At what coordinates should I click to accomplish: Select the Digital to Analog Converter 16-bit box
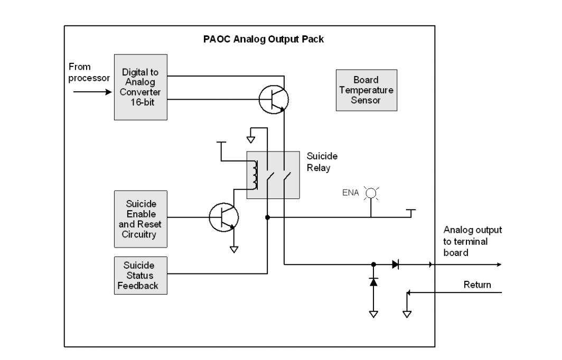(x=140, y=87)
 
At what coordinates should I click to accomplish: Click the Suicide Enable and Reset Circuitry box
(x=140, y=219)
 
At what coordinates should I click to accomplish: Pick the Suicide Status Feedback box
(x=140, y=275)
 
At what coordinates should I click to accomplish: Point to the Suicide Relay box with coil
(x=274, y=174)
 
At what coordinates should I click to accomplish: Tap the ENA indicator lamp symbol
(x=371, y=194)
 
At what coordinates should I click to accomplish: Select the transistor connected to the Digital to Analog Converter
(x=274, y=98)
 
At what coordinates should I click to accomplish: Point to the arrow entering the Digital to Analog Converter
(x=92, y=91)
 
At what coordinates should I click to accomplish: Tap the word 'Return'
(x=477, y=285)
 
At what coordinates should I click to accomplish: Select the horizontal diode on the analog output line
(x=395, y=264)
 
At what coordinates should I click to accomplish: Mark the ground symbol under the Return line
(x=407, y=314)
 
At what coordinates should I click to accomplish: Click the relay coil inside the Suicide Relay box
(x=256, y=174)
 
